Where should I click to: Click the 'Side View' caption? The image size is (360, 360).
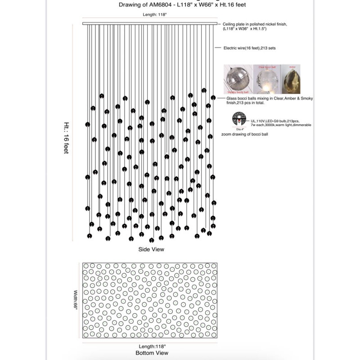[151, 249]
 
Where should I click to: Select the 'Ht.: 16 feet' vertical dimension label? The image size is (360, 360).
[66, 138]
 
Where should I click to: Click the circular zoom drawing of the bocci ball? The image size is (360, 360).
[239, 120]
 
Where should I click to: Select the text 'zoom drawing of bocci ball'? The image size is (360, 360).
[244, 135]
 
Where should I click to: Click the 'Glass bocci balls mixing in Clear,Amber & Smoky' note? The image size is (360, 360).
[263, 98]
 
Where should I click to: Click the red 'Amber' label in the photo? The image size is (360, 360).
[292, 67]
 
